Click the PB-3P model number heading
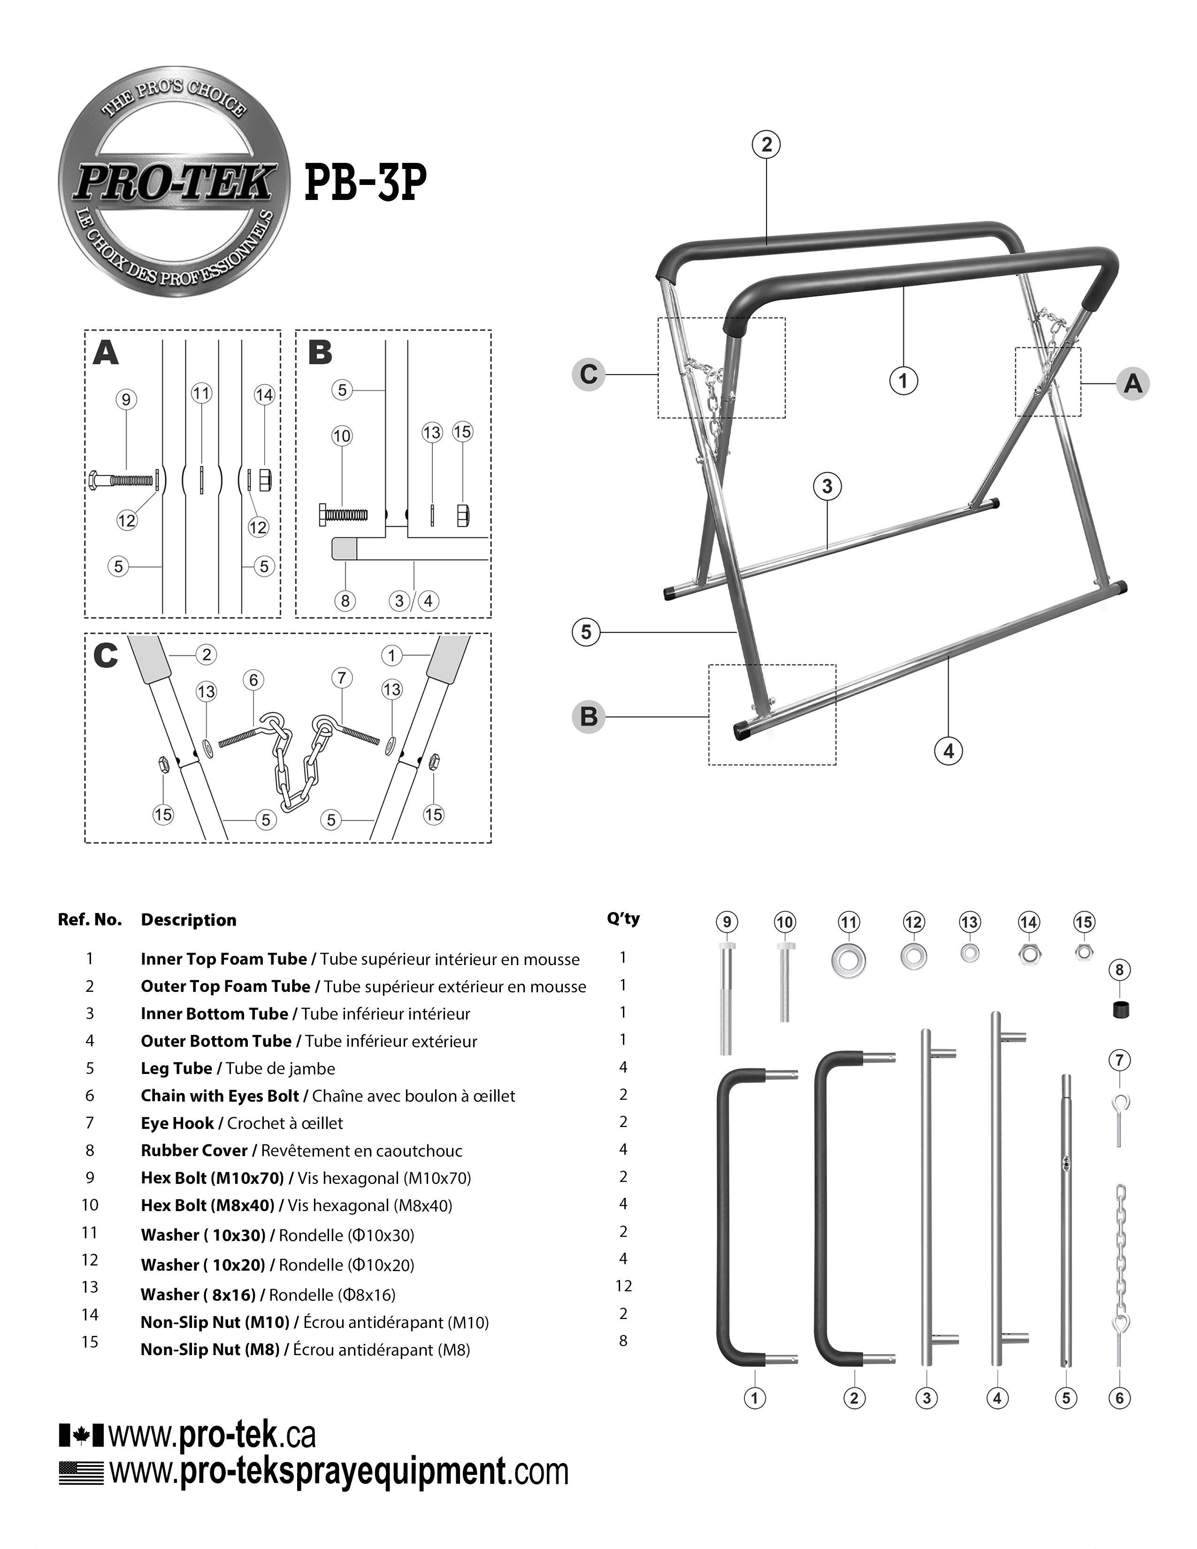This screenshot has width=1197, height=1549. pos(365,183)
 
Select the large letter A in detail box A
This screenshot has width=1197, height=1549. pos(106,353)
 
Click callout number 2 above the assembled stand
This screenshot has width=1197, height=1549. pos(766,145)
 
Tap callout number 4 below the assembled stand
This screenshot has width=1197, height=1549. pos(949,751)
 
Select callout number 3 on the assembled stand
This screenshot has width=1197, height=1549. pos(827,487)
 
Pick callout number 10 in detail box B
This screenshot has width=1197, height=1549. pos(342,436)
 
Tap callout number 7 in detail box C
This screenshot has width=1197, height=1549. pos(342,678)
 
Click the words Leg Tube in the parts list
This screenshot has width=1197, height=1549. pos(176,1068)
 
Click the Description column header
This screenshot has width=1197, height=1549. pos(189,920)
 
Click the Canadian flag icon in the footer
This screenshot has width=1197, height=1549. pos(81,1435)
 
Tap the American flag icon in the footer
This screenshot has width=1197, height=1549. pos(81,1472)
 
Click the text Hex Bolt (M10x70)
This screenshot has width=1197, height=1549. pos(212,1178)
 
